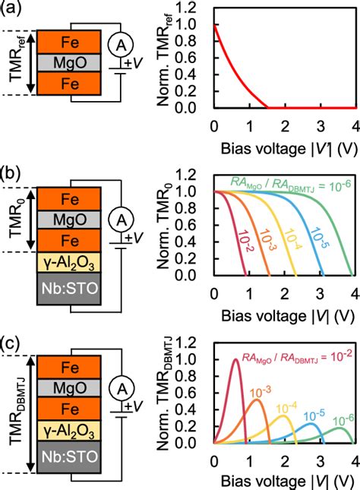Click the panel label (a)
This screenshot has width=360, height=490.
tap(12, 10)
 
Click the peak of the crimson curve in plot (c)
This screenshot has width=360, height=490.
tap(235, 359)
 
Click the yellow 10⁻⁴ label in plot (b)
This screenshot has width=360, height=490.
tap(286, 234)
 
